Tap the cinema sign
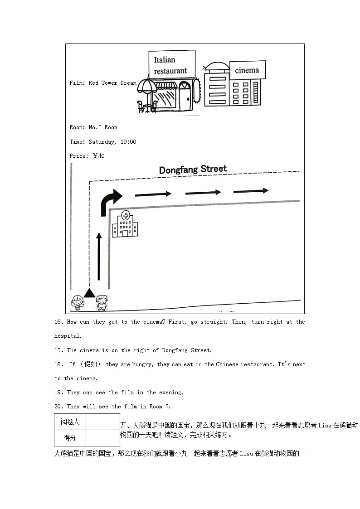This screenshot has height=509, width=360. (247, 70)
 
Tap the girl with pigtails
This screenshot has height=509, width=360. (77, 303)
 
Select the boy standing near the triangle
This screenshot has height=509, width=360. (102, 303)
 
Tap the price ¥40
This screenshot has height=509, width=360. (98, 156)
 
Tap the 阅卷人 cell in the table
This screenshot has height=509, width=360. (70, 422)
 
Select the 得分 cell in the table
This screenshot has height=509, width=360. (70, 438)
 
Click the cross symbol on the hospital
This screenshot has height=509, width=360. (125, 216)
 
